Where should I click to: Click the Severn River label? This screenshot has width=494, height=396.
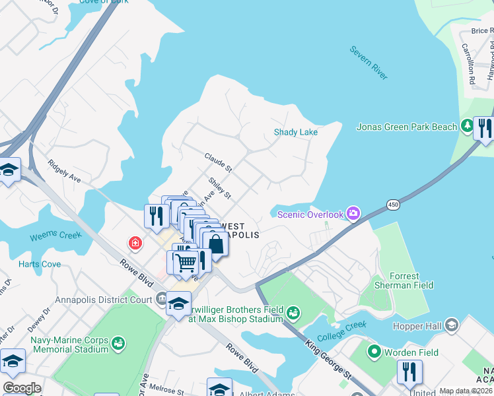369,63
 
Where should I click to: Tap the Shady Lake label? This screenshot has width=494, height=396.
296,133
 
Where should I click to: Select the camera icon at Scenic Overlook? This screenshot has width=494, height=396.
354,213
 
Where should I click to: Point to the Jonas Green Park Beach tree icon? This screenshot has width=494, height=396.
468,125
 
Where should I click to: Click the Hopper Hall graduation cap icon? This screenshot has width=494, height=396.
452,325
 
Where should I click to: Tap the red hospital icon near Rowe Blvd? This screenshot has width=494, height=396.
135,244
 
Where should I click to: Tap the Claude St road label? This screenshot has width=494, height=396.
218,163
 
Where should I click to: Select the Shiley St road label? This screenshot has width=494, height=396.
219,187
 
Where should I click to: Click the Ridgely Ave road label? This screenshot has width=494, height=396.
64,170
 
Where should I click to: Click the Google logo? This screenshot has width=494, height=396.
22,388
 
